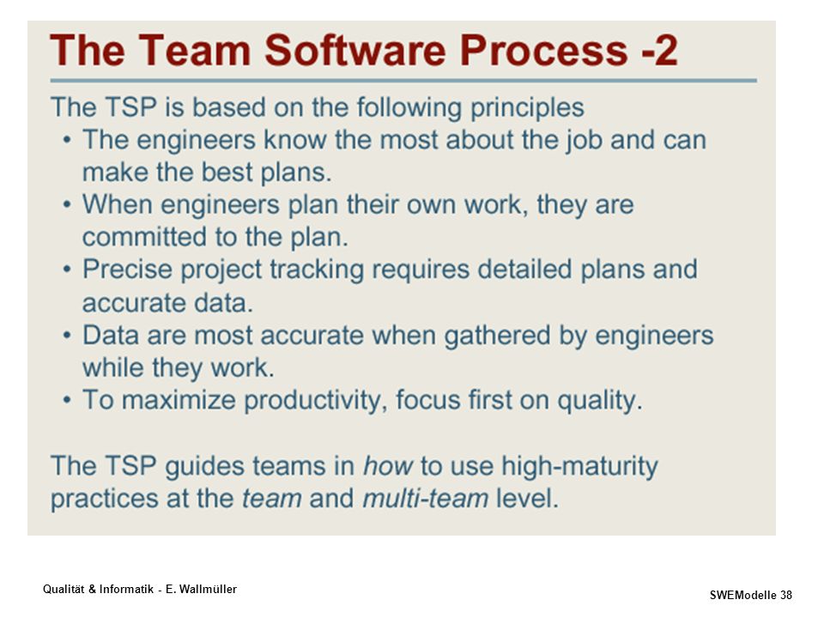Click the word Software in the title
pos(355,50)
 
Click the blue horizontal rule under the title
pos(403,81)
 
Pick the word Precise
pos(127,269)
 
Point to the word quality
pos(600,401)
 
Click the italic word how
pos(388,465)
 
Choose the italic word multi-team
pos(425,498)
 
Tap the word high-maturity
pos(579,467)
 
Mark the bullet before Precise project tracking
pos(67,270)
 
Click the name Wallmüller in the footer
pos(208,589)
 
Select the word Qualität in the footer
pos(64,589)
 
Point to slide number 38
pos(786,595)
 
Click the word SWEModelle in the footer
pos(743,595)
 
